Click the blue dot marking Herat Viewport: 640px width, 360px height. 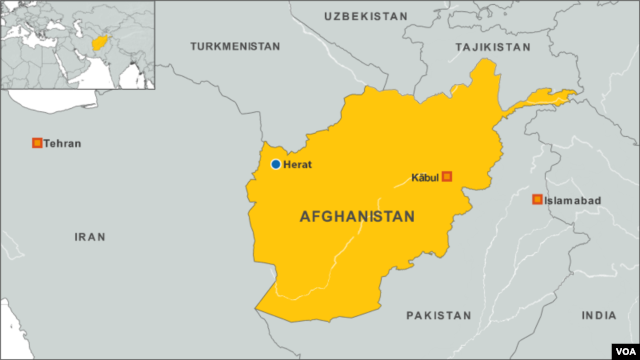pyautogui.click(x=276, y=164)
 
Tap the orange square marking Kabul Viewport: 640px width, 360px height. pyautogui.click(x=447, y=177)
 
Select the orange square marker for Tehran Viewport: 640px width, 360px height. pyautogui.click(x=38, y=143)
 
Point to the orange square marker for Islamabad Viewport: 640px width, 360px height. pyautogui.click(x=537, y=200)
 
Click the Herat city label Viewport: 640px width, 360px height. pyautogui.click(x=298, y=164)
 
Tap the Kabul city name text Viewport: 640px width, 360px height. pyautogui.click(x=425, y=178)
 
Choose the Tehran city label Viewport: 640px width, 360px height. pyautogui.click(x=63, y=144)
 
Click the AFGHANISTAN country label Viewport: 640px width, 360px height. pyautogui.click(x=357, y=216)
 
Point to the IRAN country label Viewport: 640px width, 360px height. pyautogui.click(x=90, y=236)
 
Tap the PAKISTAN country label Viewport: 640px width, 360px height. pyautogui.click(x=438, y=315)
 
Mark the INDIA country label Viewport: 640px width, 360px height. pyautogui.click(x=600, y=315)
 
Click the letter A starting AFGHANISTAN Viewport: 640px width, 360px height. pyautogui.click(x=305, y=216)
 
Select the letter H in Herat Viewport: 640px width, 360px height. pyautogui.click(x=287, y=164)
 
